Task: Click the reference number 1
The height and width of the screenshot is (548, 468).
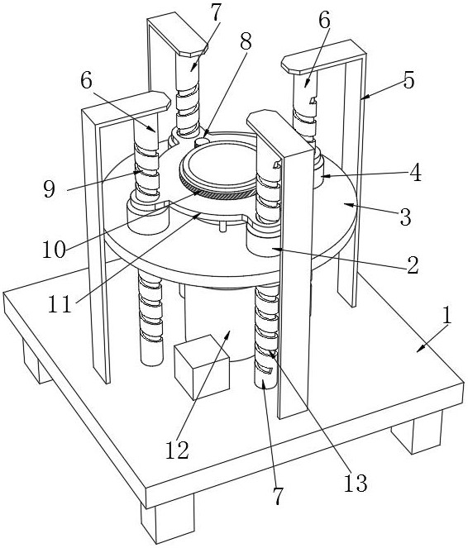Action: coord(447,315)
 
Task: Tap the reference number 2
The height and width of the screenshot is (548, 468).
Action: coord(413,265)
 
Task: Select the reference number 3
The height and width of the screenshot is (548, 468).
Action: coord(405,217)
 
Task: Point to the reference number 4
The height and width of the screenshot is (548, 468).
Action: coord(416,173)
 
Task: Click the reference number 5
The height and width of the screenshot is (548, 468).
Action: coord(408,79)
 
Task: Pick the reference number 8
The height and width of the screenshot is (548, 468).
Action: coord(246,43)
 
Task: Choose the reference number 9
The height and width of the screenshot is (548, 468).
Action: coord(50,189)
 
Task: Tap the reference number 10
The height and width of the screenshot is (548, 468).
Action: coord(55,250)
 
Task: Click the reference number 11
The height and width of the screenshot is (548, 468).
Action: coord(60,303)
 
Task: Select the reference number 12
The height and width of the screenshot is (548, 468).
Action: coord(177,450)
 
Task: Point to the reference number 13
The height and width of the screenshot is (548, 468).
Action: coord(356,484)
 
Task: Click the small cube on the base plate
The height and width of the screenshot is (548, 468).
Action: coord(202,367)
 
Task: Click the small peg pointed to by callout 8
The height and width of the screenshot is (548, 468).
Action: coord(201,141)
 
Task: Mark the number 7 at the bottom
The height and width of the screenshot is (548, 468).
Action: coord(278,496)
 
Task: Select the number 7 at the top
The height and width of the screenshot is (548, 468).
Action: coord(216,13)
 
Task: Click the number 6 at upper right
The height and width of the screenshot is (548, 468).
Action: coord(324,21)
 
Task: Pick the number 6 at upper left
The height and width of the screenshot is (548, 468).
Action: coord(86,81)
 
